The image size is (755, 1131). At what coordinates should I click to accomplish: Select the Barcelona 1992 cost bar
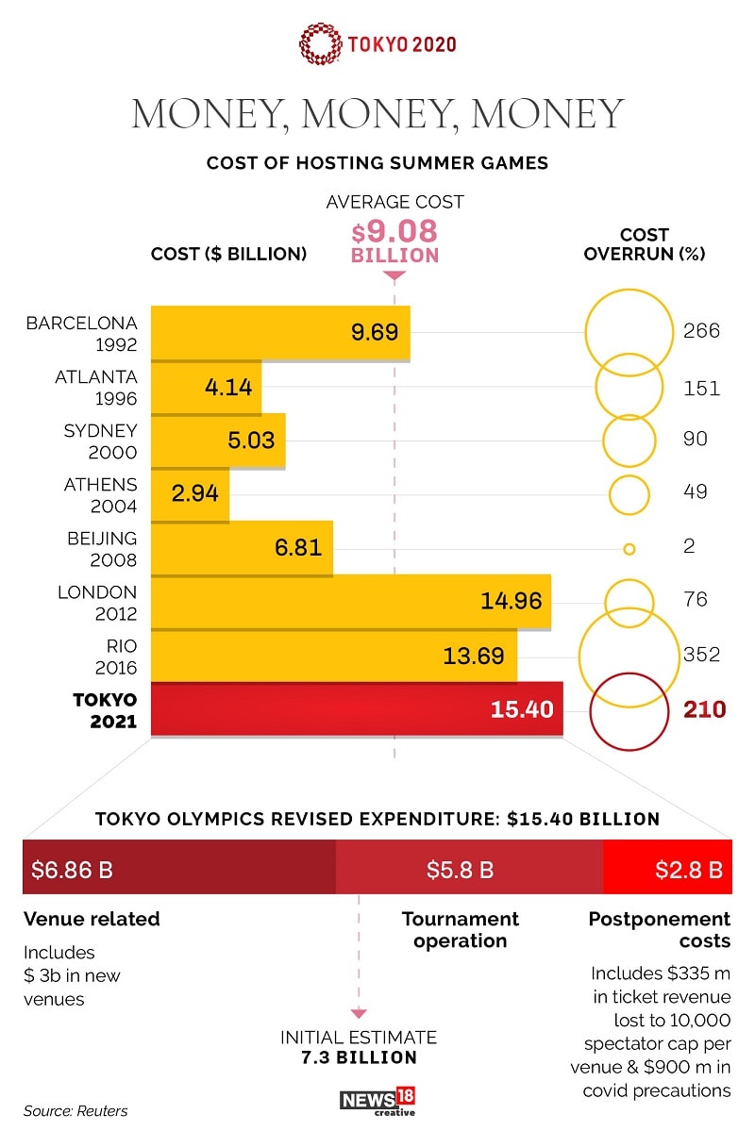coord(280,332)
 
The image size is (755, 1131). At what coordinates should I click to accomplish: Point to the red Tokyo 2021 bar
coord(357,709)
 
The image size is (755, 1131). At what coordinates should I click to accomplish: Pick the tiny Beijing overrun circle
coord(629,548)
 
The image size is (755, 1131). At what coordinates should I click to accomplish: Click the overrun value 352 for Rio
coord(701,655)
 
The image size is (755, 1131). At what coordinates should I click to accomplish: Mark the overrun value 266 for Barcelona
coord(701,331)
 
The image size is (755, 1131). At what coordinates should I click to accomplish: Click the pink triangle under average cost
coord(394,275)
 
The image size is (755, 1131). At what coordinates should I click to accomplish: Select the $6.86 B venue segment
coord(179,869)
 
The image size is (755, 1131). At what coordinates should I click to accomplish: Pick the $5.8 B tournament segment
coord(469,869)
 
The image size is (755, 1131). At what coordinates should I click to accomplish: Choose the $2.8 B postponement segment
coord(667,869)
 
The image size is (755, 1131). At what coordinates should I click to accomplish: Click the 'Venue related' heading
coord(92,919)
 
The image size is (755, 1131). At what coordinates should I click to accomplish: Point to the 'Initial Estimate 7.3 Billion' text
coord(359,1047)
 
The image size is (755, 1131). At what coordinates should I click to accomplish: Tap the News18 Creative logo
coord(377,1100)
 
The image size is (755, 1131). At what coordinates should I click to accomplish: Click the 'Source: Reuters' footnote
coord(75,1110)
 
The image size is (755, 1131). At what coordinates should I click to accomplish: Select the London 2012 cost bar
coord(351,602)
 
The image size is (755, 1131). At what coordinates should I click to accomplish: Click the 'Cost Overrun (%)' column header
coord(645,244)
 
